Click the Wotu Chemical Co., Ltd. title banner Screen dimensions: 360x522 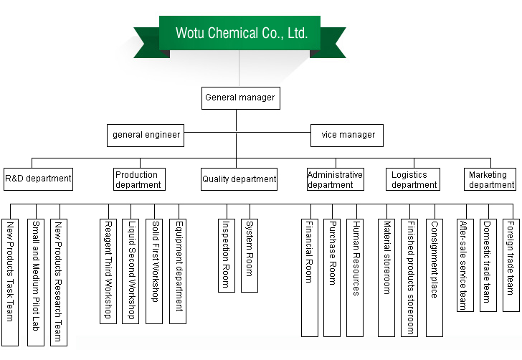[239, 33]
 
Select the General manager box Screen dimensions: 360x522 [239, 98]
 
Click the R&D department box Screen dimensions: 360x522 [38, 179]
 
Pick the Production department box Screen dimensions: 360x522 [139, 179]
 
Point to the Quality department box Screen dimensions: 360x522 [239, 179]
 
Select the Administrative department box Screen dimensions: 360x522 [335, 179]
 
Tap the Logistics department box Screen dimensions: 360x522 [414, 179]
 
